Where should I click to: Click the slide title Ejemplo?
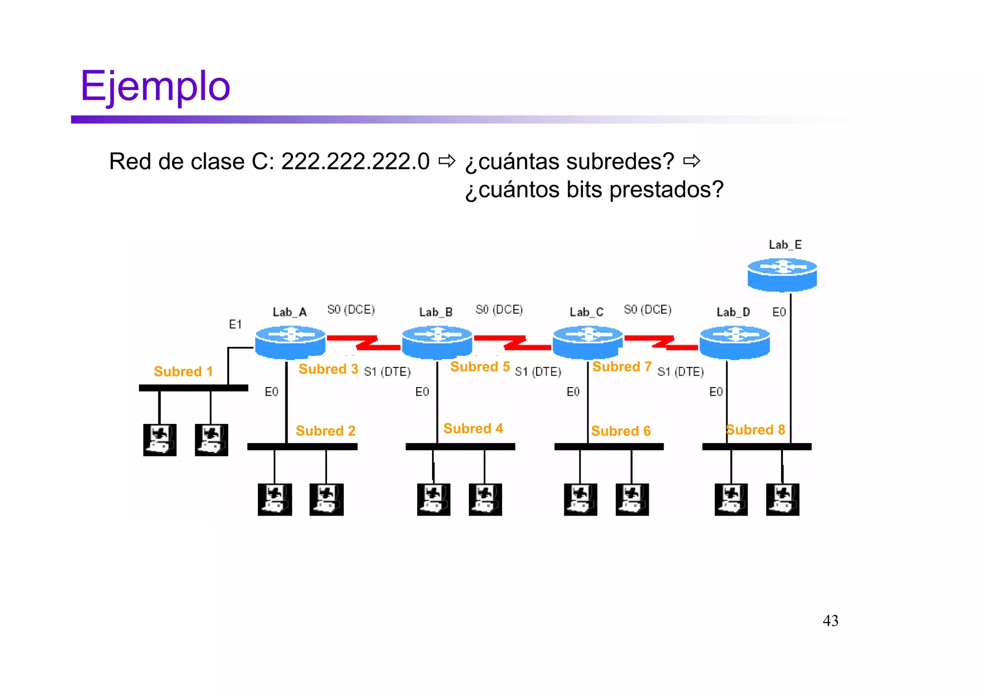click(x=155, y=86)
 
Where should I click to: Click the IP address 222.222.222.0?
click(x=355, y=162)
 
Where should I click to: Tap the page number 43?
click(x=830, y=621)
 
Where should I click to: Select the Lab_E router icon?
click(x=782, y=274)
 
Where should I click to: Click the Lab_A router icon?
click(x=290, y=341)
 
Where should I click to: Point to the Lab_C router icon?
click(x=588, y=341)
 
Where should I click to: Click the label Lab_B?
click(x=435, y=312)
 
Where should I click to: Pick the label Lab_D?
click(x=733, y=312)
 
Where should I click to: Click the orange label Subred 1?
click(x=183, y=372)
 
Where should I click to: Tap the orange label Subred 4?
click(x=473, y=428)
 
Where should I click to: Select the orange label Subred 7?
click(x=622, y=367)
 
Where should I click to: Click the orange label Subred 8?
click(x=755, y=430)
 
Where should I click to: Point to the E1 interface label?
click(x=235, y=325)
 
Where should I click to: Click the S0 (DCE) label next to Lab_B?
click(x=499, y=310)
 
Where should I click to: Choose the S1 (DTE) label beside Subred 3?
click(x=387, y=372)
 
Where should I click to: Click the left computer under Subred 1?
click(x=160, y=439)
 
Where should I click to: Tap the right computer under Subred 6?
click(x=632, y=499)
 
